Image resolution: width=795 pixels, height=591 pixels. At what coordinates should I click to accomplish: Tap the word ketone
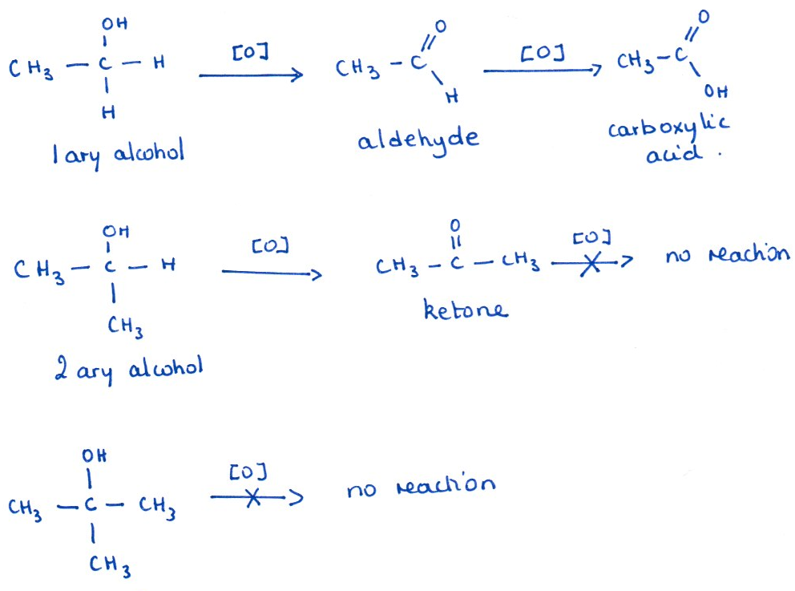[465, 310]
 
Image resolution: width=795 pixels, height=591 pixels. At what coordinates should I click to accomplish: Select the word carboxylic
[668, 129]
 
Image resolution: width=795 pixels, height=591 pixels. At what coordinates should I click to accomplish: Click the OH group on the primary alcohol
[114, 23]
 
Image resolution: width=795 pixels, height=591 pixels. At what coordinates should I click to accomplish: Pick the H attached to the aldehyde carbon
[452, 97]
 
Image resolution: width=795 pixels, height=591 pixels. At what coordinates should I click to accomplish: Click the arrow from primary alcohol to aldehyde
[250, 75]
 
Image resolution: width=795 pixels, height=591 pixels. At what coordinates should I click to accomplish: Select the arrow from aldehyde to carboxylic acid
[541, 71]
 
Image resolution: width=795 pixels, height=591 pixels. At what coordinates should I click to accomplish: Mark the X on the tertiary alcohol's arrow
[253, 498]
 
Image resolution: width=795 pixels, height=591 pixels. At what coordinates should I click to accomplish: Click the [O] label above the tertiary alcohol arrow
[248, 472]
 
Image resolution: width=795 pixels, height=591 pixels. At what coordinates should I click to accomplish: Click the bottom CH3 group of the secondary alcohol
[126, 326]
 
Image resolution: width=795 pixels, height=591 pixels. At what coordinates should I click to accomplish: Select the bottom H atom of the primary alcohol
[107, 114]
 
